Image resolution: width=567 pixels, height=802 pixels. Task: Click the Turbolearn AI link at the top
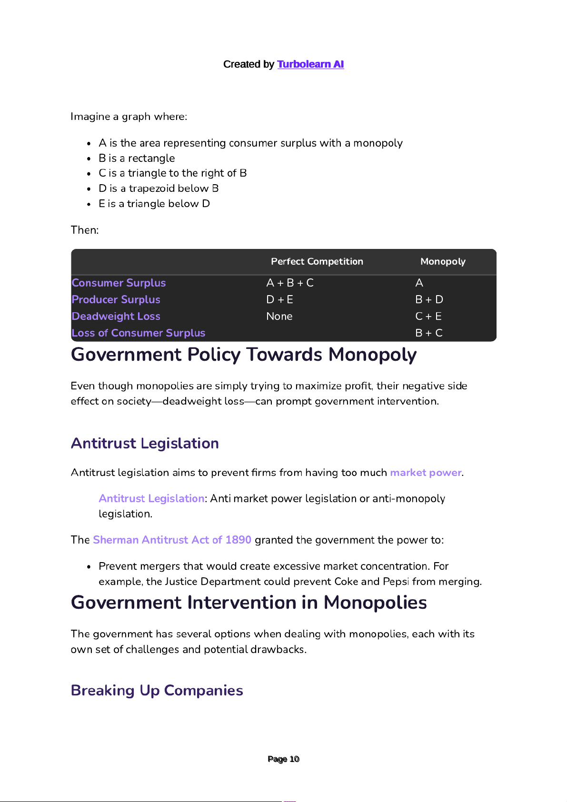(310, 64)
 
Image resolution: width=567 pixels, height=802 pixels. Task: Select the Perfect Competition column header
(317, 261)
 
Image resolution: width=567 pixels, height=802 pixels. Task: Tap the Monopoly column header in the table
(443, 261)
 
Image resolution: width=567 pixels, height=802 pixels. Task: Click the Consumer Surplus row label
(119, 283)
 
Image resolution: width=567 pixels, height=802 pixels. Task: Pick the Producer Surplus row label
(116, 299)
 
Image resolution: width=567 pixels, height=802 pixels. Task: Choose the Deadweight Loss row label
(116, 316)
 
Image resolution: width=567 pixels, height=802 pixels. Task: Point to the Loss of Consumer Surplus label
(138, 333)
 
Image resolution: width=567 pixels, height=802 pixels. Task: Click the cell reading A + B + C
(290, 283)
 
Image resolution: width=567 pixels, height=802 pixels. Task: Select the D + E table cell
(279, 299)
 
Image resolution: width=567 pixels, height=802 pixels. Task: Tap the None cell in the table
(279, 316)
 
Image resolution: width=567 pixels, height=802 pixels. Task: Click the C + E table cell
(428, 316)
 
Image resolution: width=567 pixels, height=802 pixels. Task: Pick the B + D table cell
(429, 299)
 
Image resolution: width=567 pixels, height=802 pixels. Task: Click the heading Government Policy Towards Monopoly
(244, 355)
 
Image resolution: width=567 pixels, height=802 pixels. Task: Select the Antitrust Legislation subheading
(145, 443)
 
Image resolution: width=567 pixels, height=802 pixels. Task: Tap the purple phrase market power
(426, 473)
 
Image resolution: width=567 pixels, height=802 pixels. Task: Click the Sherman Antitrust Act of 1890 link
(172, 540)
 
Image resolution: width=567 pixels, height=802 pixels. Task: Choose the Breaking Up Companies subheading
(157, 690)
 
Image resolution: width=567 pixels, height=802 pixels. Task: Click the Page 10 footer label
(283, 759)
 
